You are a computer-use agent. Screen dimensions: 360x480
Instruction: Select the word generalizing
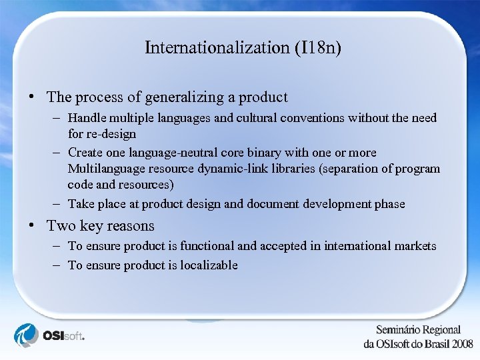coord(176,97)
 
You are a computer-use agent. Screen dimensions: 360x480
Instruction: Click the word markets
coord(415,246)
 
